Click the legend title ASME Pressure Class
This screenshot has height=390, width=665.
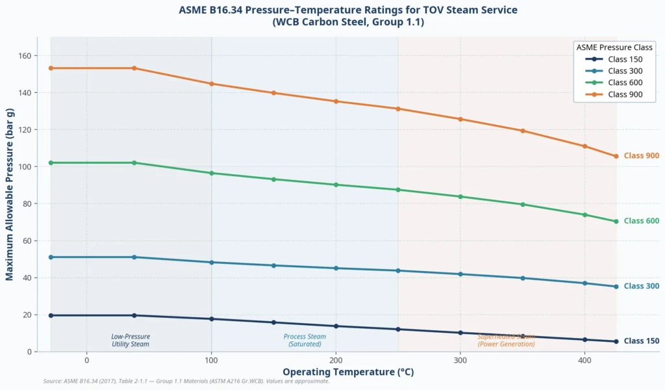[x=614, y=47]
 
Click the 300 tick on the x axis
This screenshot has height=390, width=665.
[x=460, y=360]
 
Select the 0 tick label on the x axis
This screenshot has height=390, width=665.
[x=87, y=360]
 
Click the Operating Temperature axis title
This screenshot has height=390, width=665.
[x=348, y=372]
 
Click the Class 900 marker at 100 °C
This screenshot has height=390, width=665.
[x=212, y=84]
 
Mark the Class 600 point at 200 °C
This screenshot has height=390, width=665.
[x=336, y=185]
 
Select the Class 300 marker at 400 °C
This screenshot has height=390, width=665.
[x=584, y=283]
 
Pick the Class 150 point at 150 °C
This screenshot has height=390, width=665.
[x=273, y=322]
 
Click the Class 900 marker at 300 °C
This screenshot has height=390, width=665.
[x=460, y=119]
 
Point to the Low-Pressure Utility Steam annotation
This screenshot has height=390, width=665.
[x=131, y=341]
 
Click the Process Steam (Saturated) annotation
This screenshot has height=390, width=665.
[x=305, y=341]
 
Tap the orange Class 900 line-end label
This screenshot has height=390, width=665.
[x=641, y=156]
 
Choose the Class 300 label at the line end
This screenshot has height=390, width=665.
[x=641, y=287]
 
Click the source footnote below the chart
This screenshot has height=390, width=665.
[x=186, y=382]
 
